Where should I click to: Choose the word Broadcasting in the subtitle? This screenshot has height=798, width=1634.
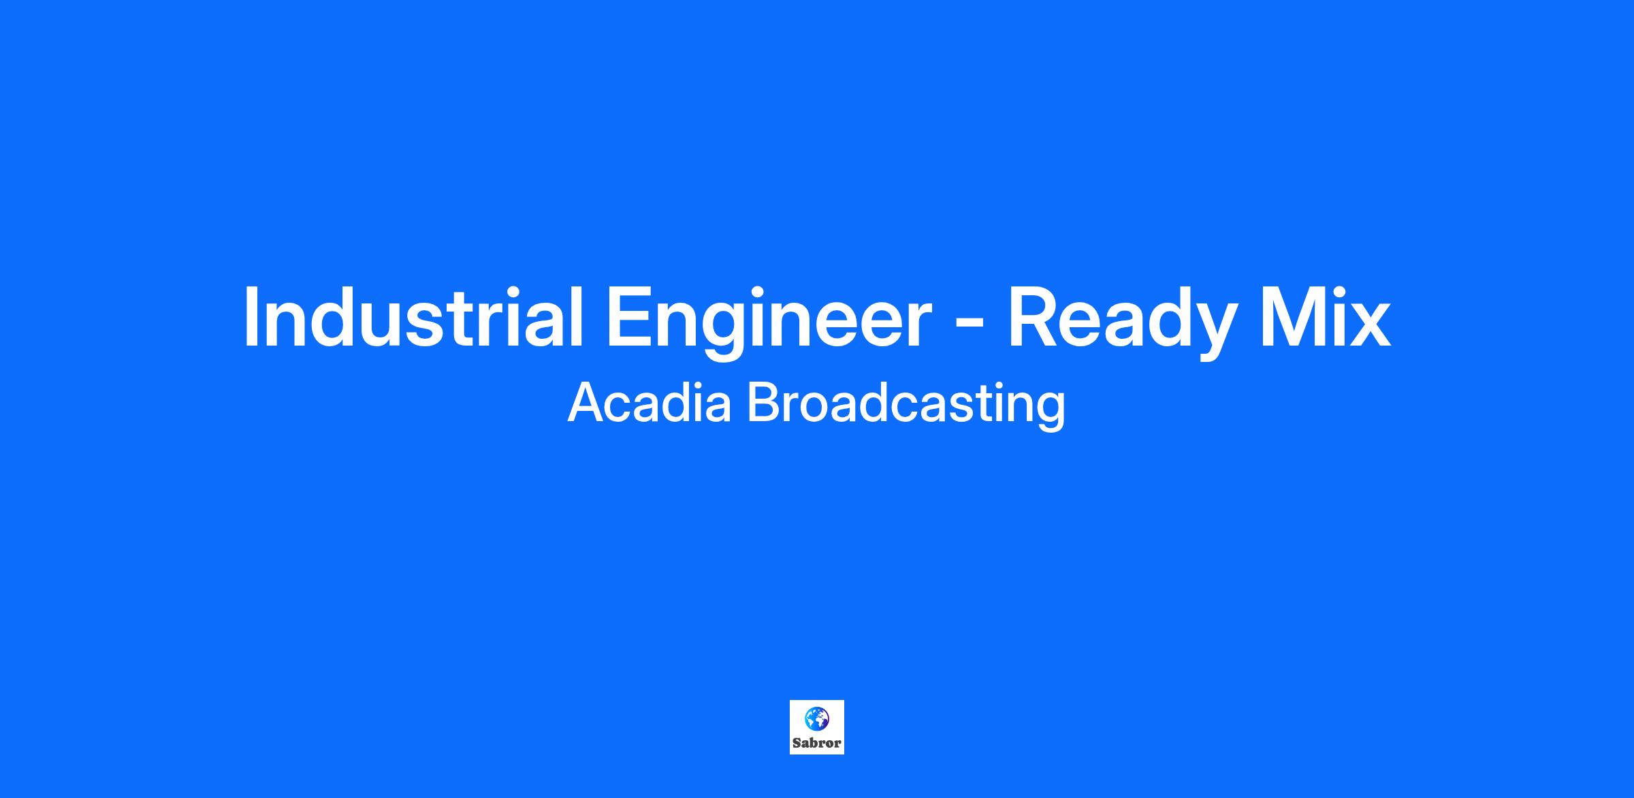(906, 405)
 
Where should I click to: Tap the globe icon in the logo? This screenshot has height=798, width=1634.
(817, 717)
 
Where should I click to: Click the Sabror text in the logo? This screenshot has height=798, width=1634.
(817, 743)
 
